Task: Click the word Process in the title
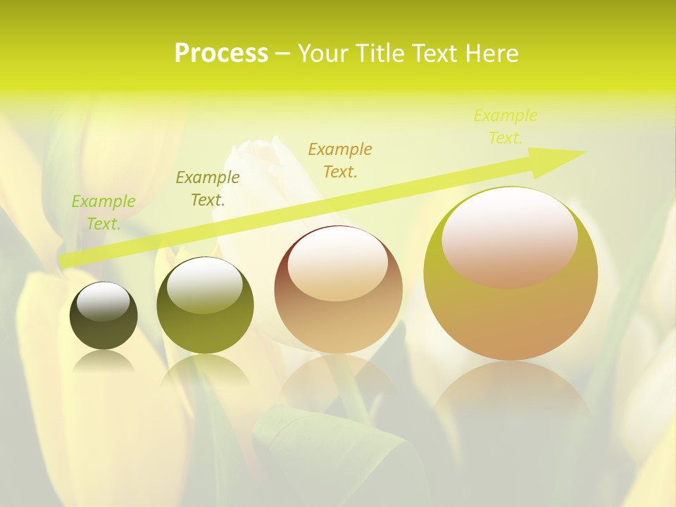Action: tap(221, 54)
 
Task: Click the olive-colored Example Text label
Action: tap(208, 189)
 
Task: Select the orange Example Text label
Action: tap(340, 160)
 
